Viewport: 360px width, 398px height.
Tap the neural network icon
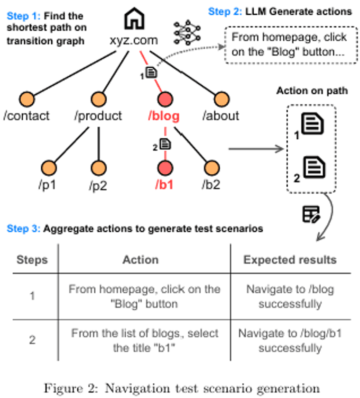point(187,33)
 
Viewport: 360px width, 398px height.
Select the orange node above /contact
point(27,99)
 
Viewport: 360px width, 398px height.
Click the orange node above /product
point(98,99)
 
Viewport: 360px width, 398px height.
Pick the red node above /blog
point(165,99)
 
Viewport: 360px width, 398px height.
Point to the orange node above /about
point(221,99)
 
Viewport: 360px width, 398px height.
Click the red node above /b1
point(165,168)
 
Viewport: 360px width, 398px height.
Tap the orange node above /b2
point(211,168)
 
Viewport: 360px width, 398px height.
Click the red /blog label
point(164,116)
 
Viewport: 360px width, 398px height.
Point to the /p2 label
point(98,185)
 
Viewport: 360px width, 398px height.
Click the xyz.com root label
point(134,41)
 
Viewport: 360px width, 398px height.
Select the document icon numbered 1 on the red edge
point(151,72)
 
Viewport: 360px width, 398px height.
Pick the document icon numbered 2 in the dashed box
point(314,167)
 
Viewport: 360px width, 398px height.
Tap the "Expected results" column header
point(290,260)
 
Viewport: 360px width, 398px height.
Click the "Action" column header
point(140,260)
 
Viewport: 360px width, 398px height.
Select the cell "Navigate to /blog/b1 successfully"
point(290,341)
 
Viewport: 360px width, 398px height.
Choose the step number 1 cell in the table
point(32,296)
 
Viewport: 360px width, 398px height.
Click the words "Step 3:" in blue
point(23,229)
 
